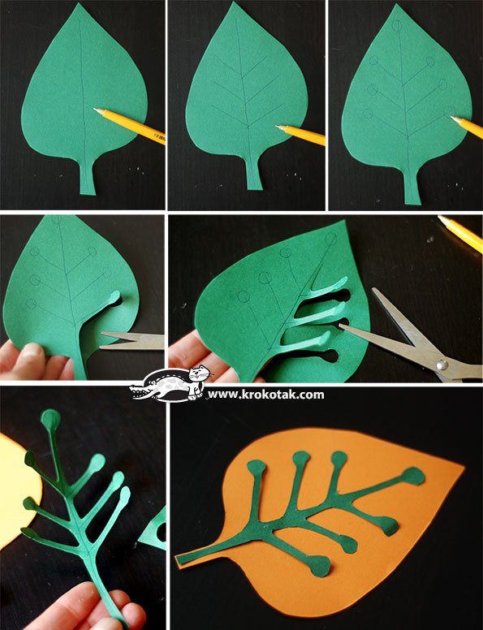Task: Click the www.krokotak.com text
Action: [265, 395]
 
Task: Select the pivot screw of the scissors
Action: [442, 365]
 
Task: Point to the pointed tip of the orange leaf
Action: [464, 467]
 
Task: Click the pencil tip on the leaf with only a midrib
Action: [96, 110]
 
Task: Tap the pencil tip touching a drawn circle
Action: [452, 117]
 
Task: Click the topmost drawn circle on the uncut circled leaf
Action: [397, 26]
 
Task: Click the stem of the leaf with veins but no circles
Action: [253, 173]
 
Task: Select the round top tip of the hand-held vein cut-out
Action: [51, 419]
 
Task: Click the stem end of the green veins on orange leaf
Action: [179, 559]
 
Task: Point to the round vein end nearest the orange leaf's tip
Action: [412, 476]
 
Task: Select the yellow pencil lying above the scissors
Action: [461, 233]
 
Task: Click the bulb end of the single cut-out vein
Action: [114, 298]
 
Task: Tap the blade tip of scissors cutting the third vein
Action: [342, 326]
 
